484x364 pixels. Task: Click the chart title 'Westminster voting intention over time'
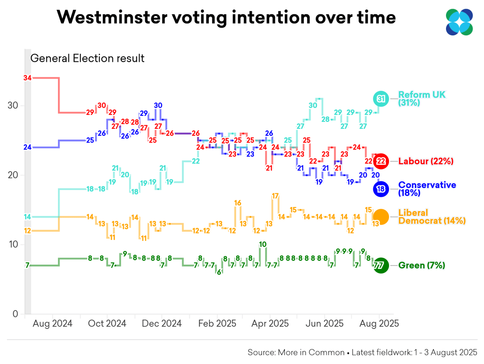tap(226, 18)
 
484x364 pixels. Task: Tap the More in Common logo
tap(459, 22)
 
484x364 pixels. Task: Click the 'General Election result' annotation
tap(87, 58)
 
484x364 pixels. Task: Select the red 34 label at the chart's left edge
tap(28, 78)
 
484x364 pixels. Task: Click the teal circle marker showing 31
tap(381, 99)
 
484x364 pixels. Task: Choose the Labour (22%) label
tap(425, 161)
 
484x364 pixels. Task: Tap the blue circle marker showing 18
tap(381, 189)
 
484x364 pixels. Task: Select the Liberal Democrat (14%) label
tap(431, 217)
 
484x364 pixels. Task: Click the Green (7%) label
tap(421, 265)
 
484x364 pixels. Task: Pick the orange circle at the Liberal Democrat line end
tap(381, 216)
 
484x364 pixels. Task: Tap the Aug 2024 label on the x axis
tap(52, 324)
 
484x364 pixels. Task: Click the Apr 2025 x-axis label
tap(270, 324)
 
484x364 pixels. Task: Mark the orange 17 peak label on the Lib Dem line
tap(275, 196)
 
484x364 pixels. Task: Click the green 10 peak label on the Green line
tap(262, 244)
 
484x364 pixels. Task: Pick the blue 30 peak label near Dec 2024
tap(158, 105)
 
